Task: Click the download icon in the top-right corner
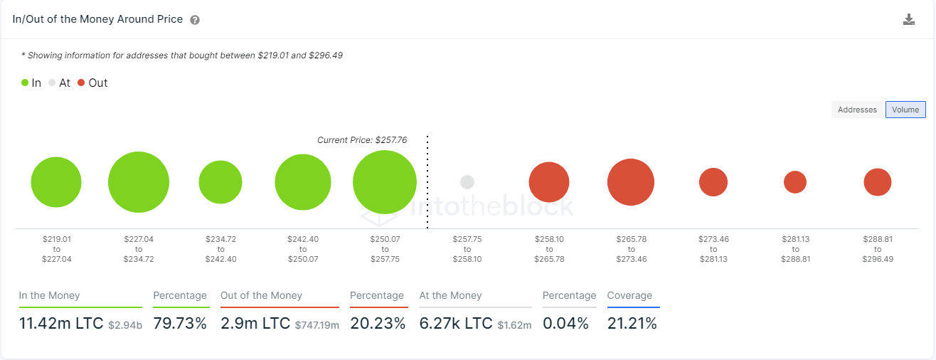(x=908, y=19)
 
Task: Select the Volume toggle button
(x=905, y=110)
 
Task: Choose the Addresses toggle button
(x=857, y=110)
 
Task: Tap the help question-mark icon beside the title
(x=195, y=20)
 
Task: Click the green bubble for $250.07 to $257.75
(x=385, y=182)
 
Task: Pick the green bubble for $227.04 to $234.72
(x=139, y=182)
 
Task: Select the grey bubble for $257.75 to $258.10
(x=467, y=182)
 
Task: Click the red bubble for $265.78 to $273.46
(x=631, y=182)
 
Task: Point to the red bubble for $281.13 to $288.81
(x=795, y=182)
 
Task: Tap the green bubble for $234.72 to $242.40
(x=220, y=182)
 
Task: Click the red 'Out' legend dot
(x=81, y=83)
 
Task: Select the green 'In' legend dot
(x=25, y=83)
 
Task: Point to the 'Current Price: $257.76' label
(x=362, y=140)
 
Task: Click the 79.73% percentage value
(x=180, y=324)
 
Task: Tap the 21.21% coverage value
(x=632, y=324)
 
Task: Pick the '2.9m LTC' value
(x=255, y=324)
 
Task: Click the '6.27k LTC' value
(x=455, y=324)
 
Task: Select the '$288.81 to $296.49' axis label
(x=878, y=249)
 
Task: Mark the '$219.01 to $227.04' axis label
(x=56, y=249)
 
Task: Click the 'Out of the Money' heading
(x=261, y=295)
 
